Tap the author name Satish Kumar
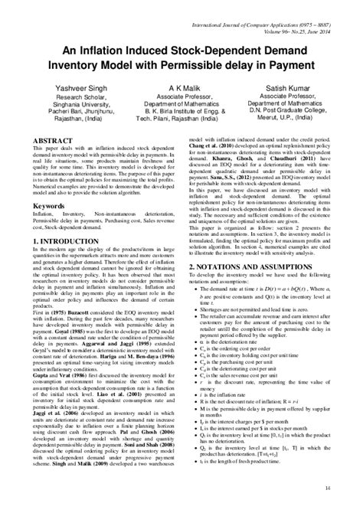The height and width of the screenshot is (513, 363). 299,90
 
